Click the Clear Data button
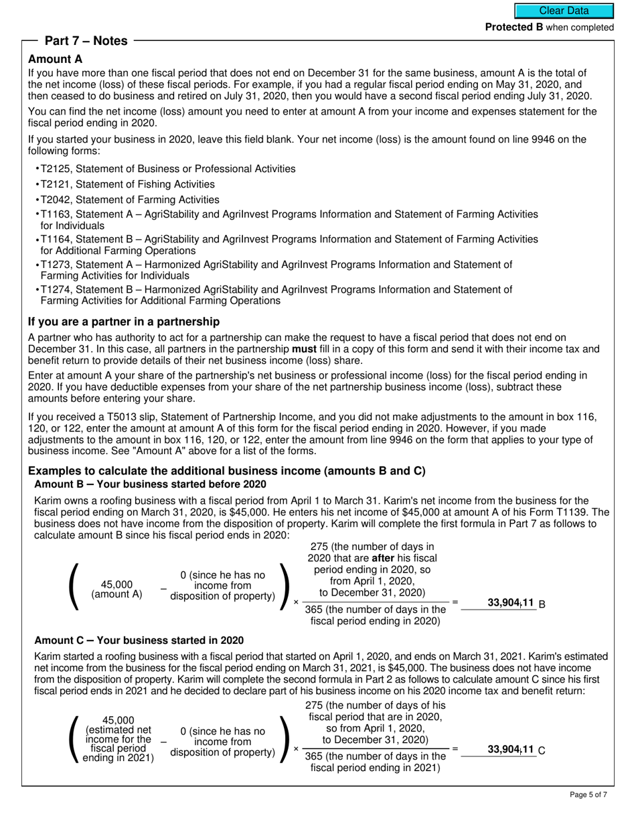[x=564, y=11]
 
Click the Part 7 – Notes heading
[x=86, y=41]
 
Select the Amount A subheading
[x=56, y=59]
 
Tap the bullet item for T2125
[x=167, y=169]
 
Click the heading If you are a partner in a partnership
[x=124, y=322]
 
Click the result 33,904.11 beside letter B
[x=510, y=603]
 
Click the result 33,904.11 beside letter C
[x=510, y=750]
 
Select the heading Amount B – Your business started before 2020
[x=150, y=484]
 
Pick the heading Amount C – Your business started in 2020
[x=139, y=640]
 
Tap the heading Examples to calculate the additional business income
[x=226, y=471]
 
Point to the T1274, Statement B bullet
[x=276, y=295]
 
